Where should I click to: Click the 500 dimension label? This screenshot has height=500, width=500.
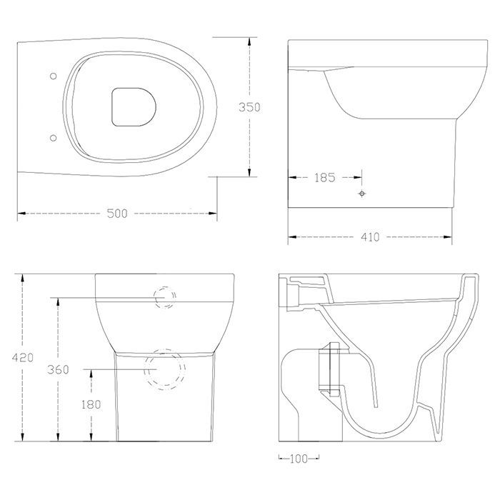(x=117, y=213)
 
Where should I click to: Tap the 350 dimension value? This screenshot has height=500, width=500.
(x=249, y=107)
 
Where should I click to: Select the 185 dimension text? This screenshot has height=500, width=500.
(x=324, y=178)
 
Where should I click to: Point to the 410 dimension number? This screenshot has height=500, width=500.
(x=370, y=237)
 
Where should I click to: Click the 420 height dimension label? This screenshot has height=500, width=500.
(x=22, y=357)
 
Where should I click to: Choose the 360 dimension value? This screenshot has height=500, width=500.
(x=58, y=369)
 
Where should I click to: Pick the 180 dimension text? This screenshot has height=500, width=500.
(x=91, y=404)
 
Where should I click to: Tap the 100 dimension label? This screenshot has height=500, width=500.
(x=299, y=459)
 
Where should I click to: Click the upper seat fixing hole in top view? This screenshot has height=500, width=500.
(x=54, y=76)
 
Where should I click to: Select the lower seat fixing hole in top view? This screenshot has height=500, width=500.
(x=54, y=138)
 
